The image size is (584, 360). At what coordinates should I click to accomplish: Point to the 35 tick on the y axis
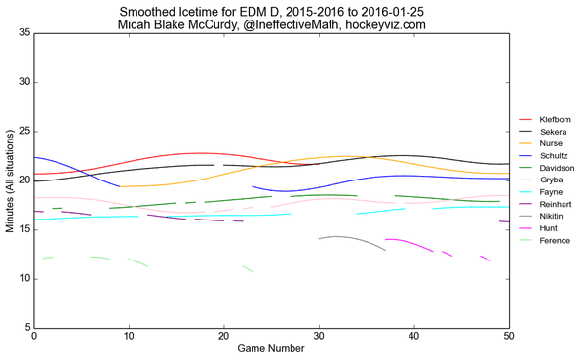click(x=23, y=33)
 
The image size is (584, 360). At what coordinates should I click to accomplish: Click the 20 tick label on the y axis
click(x=23, y=180)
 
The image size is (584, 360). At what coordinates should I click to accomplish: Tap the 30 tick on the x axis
click(x=319, y=337)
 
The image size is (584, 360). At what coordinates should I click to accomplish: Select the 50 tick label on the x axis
click(x=508, y=337)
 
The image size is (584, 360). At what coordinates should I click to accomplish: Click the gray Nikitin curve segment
click(x=341, y=237)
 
